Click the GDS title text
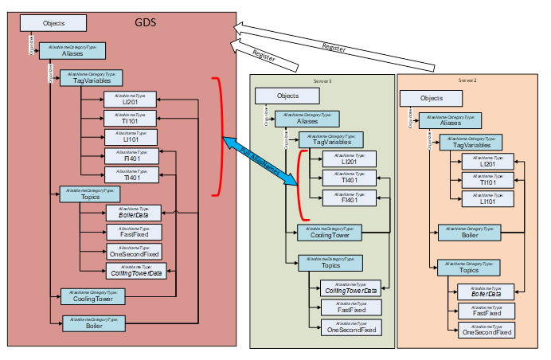coord(145,22)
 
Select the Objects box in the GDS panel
coord(53,24)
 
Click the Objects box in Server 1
coord(287,96)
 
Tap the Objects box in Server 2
coord(432,98)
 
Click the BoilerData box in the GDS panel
coord(134,212)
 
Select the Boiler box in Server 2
coord(470,233)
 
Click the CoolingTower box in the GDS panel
coord(92,296)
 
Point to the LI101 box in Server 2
coord(488,199)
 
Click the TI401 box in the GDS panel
coord(131,174)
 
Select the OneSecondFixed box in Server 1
coord(350,327)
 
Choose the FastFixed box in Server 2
coord(486,311)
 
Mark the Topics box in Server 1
coord(330,264)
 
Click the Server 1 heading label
coord(322,81)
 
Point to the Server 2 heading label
coord(467,80)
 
